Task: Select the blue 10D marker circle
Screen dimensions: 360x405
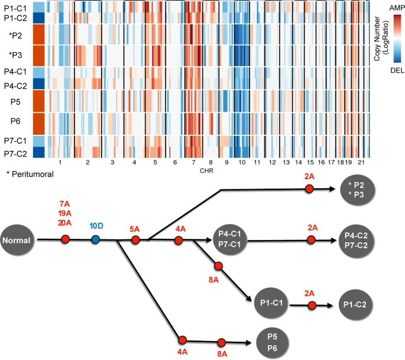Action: pyautogui.click(x=96, y=240)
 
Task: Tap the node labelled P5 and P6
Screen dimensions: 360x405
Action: pyautogui.click(x=274, y=342)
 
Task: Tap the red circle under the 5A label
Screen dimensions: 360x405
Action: pyautogui.click(x=135, y=240)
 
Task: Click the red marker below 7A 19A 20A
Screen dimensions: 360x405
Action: pyautogui.click(x=65, y=240)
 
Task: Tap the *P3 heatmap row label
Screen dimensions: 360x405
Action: pyautogui.click(x=17, y=56)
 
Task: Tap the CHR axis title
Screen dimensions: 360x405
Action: pyautogui.click(x=206, y=171)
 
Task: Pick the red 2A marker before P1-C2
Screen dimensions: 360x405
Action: pyautogui.click(x=312, y=305)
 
